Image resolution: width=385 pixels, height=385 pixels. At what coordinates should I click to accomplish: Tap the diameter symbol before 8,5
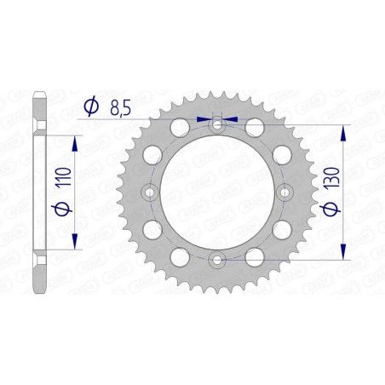pyautogui.click(x=92, y=106)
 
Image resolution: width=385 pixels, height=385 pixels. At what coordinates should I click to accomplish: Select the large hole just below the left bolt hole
pyautogui.click(x=154, y=229)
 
